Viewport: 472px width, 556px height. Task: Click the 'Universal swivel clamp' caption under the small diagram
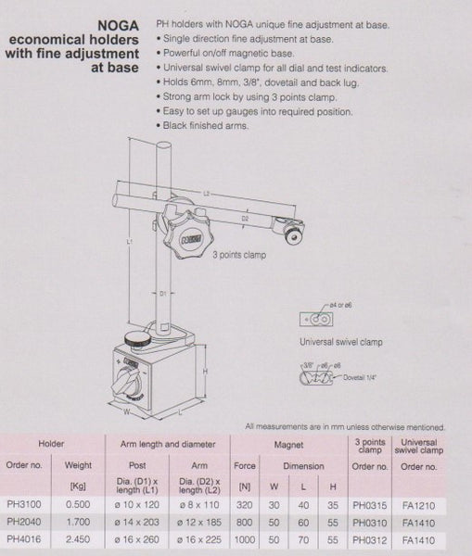pyautogui.click(x=341, y=342)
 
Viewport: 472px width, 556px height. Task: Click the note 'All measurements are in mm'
pyautogui.click(x=343, y=426)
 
